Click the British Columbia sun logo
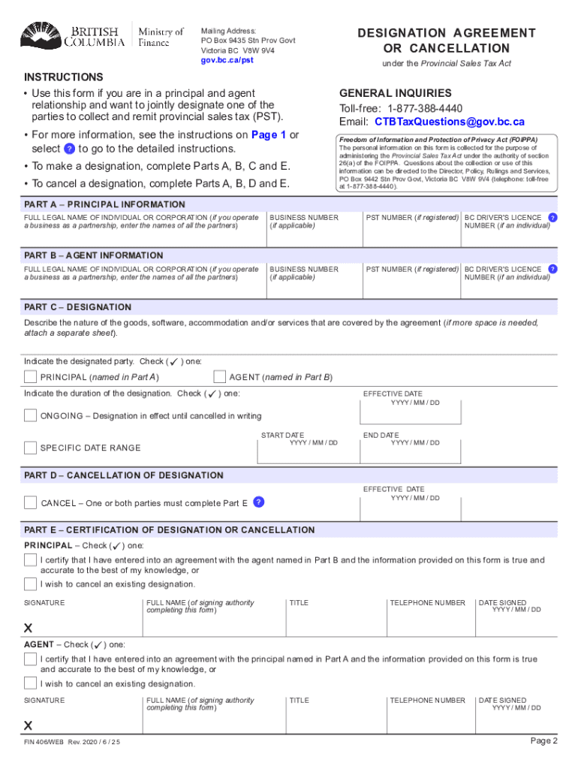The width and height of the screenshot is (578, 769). pyautogui.click(x=44, y=35)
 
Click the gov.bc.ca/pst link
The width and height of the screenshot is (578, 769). pyautogui.click(x=227, y=60)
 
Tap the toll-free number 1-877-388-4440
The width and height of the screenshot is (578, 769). pyautogui.click(x=425, y=108)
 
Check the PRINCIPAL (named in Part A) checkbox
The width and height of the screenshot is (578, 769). pyautogui.click(x=30, y=376)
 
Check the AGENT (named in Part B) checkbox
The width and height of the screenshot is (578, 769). pyautogui.click(x=220, y=376)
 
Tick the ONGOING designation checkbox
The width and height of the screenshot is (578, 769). pyautogui.click(x=30, y=415)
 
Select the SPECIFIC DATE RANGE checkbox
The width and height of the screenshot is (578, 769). pyautogui.click(x=30, y=448)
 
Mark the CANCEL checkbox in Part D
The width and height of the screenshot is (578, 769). pyautogui.click(x=30, y=502)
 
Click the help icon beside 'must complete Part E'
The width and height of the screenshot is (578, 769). pyautogui.click(x=258, y=502)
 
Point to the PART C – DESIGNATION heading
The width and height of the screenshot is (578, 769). pyautogui.click(x=78, y=307)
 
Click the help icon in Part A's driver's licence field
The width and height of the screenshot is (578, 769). pyautogui.click(x=552, y=217)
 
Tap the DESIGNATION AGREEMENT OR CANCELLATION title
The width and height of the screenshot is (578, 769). pyautogui.click(x=447, y=41)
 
